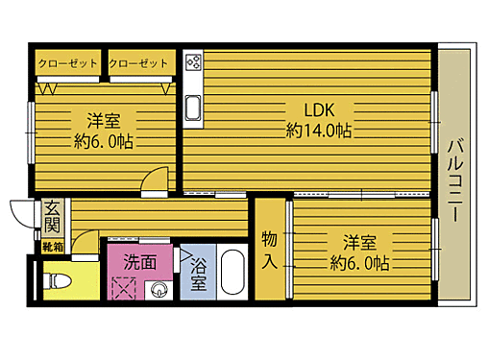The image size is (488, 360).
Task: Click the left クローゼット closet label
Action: (x=67, y=64)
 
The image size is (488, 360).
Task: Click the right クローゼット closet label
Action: (x=139, y=64)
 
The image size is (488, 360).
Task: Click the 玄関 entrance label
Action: (x=53, y=220)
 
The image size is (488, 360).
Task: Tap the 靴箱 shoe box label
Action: (x=52, y=248)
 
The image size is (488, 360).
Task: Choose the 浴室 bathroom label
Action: (x=199, y=274)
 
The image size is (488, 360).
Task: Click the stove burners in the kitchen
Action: (x=193, y=64)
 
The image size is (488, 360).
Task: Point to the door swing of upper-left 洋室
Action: (x=153, y=180)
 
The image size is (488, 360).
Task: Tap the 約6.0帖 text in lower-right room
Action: (x=359, y=262)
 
